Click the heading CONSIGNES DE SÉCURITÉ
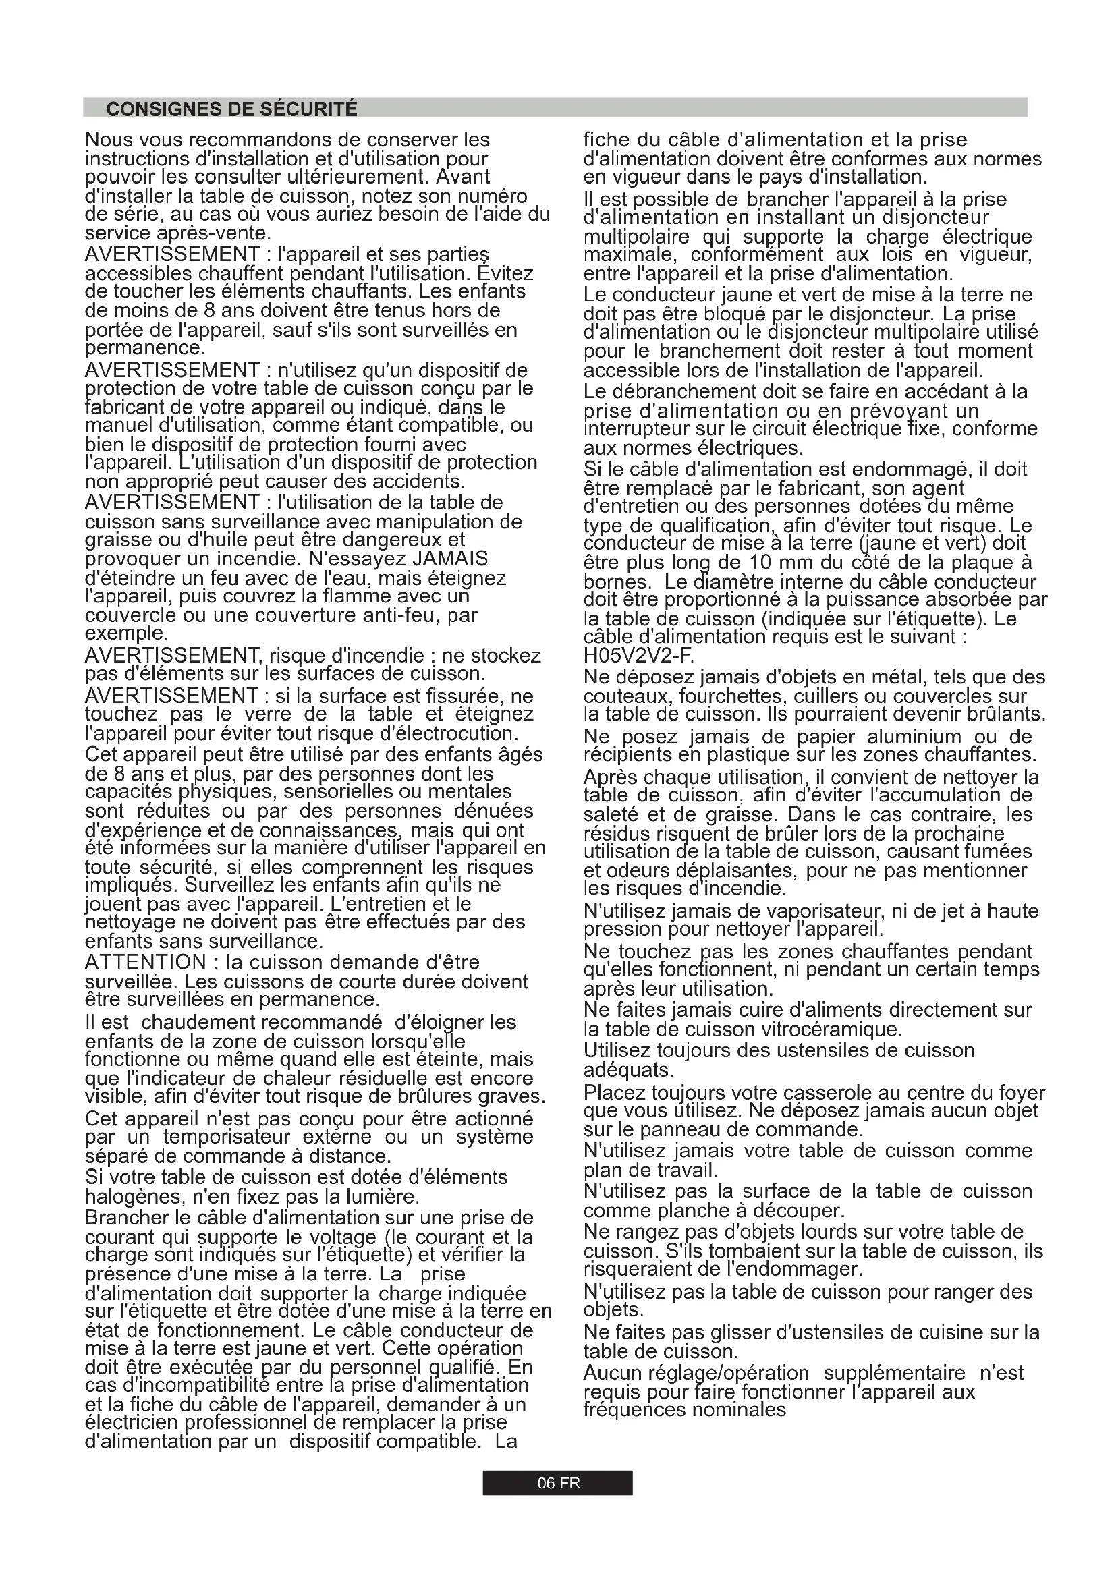[x=231, y=109]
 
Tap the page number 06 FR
[x=558, y=1483]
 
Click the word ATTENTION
[x=145, y=961]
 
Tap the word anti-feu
[x=403, y=615]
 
